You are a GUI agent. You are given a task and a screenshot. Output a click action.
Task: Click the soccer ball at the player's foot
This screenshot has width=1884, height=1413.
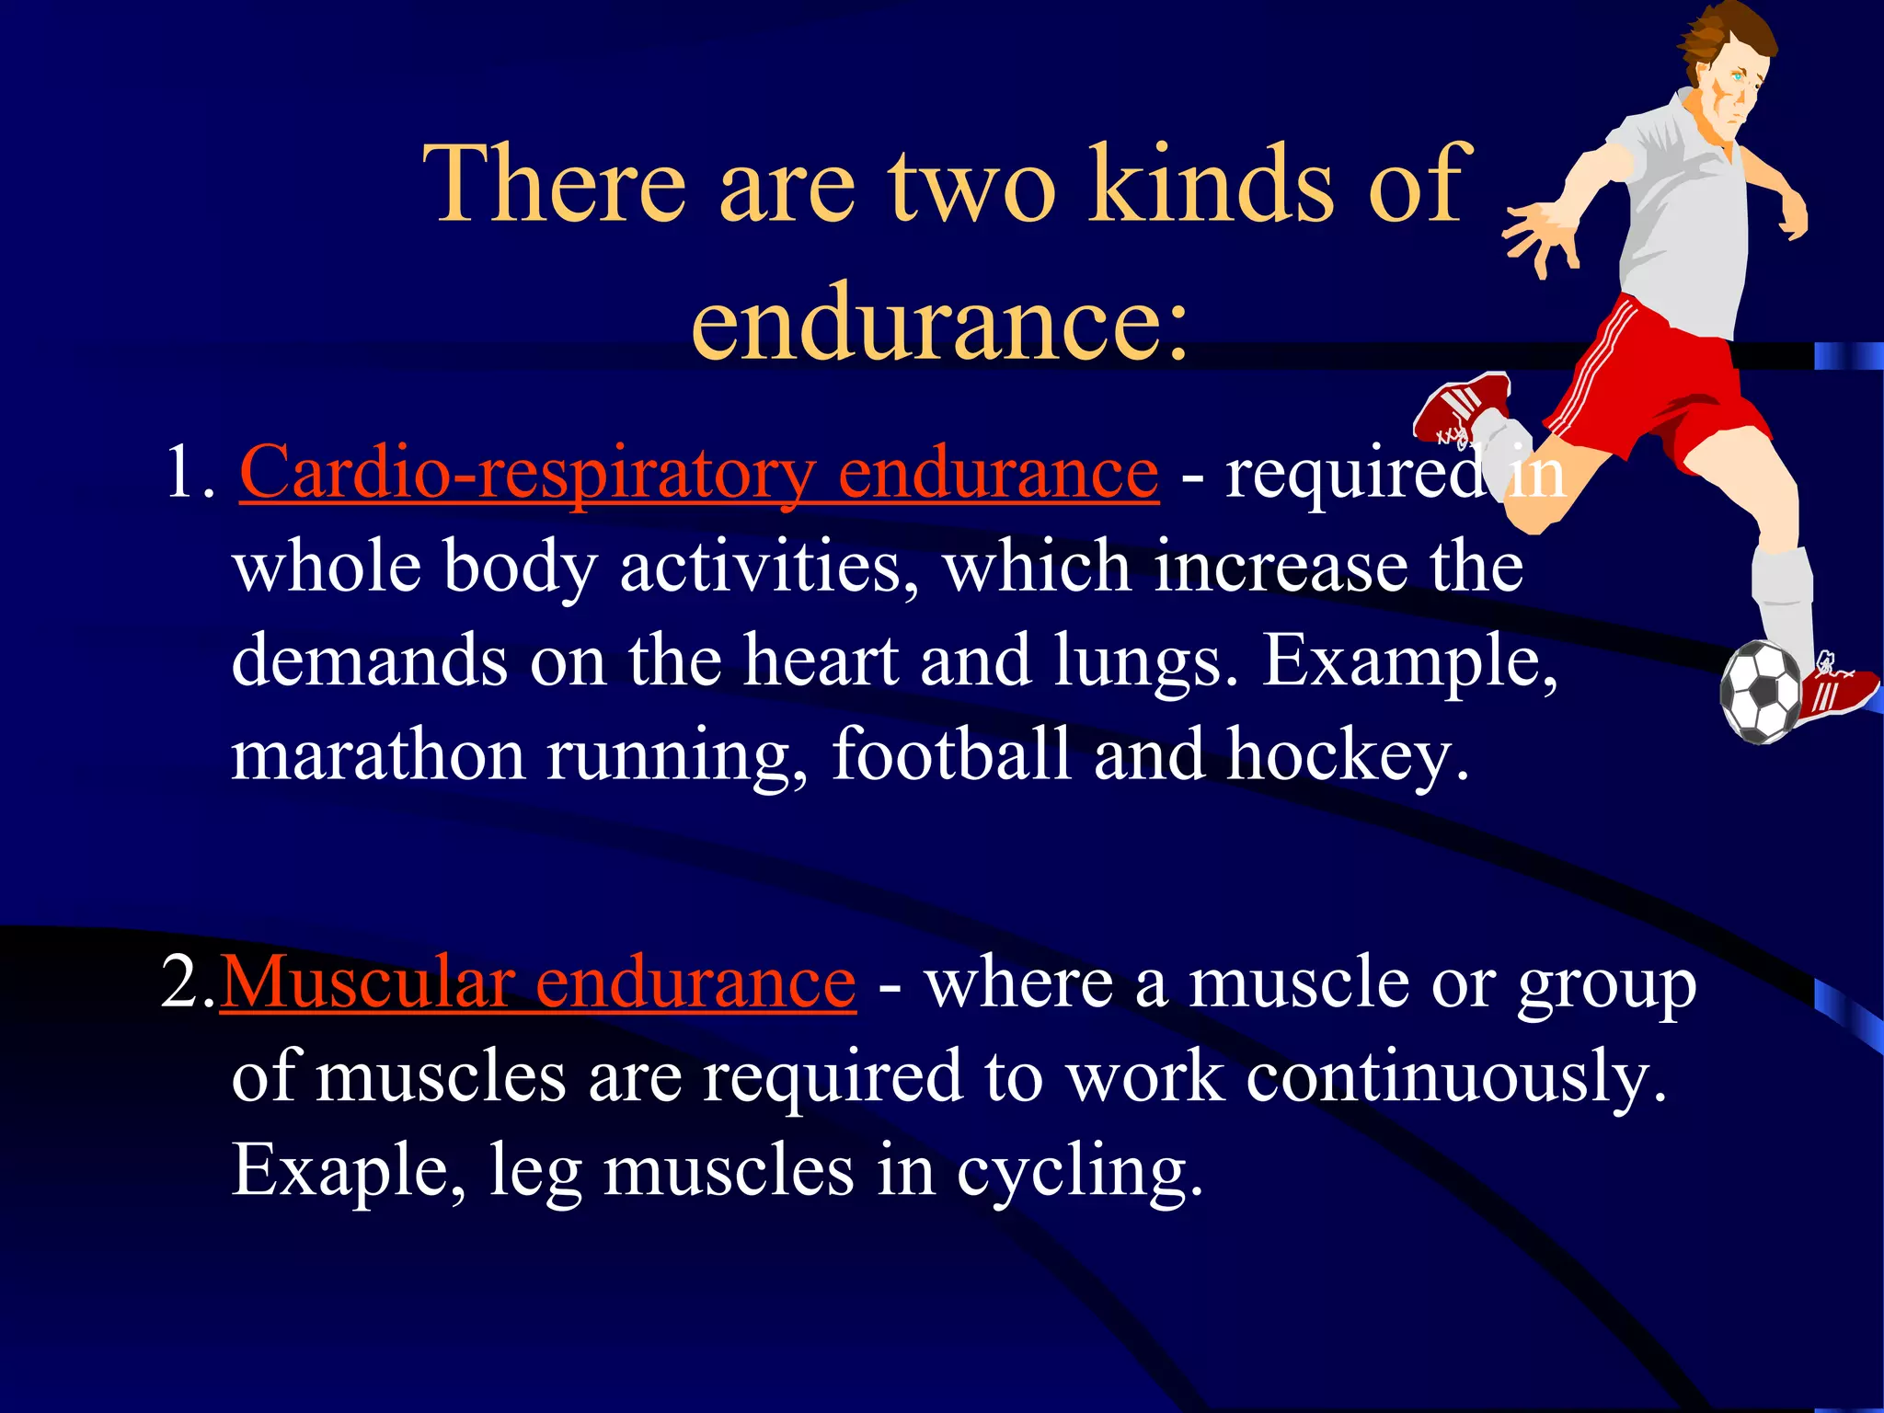point(1761,692)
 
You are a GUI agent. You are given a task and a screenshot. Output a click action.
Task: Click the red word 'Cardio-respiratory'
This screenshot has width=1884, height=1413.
point(527,474)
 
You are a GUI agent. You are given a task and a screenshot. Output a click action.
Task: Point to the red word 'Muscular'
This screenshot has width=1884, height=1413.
point(368,982)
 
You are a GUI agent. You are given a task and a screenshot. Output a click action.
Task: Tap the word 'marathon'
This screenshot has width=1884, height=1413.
point(377,754)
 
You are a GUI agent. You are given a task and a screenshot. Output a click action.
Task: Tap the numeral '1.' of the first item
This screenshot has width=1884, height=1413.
point(189,473)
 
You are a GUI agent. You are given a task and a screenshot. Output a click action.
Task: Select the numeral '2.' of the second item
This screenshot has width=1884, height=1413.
point(187,982)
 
